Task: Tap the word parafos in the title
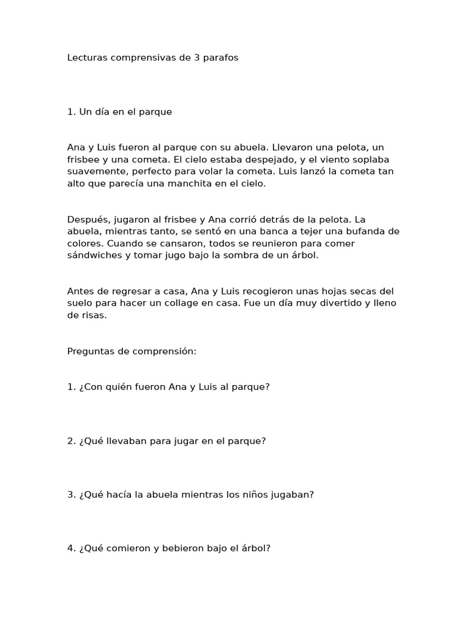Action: [220, 58]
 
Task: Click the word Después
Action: [86, 219]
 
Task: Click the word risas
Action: [93, 315]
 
